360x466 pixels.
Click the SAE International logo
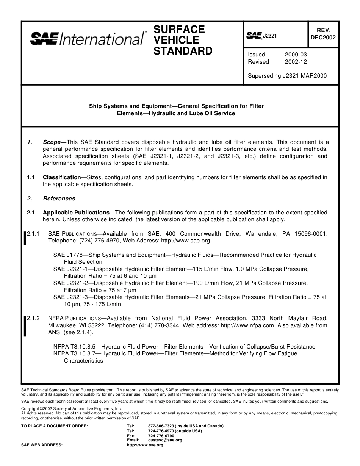(87, 39)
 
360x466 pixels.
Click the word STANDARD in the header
(183, 51)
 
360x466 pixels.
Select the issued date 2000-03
(296, 55)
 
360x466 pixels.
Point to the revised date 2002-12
(296, 62)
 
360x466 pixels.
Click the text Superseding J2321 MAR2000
(287, 75)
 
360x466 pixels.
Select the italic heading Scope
(52, 142)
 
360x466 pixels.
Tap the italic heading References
(59, 199)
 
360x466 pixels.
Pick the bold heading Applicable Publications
(78, 213)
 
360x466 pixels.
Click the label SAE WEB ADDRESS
(42, 445)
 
